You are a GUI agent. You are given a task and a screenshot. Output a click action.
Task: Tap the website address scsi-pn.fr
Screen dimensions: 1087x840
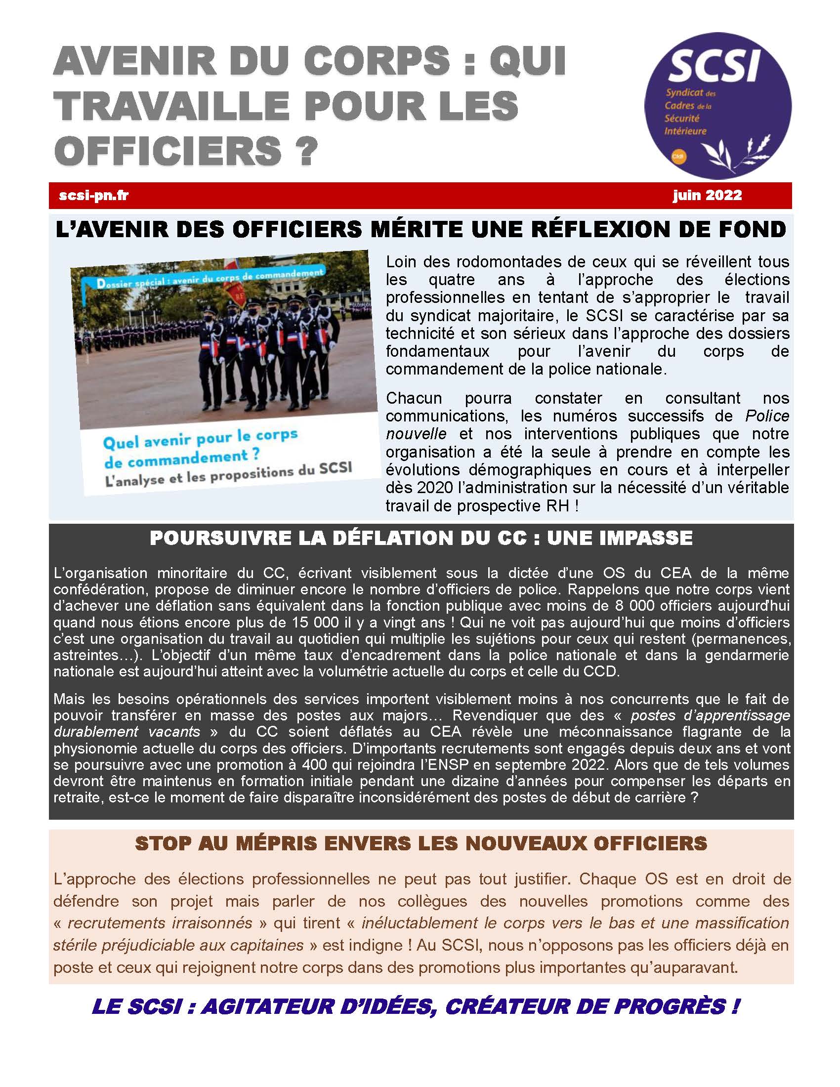point(93,196)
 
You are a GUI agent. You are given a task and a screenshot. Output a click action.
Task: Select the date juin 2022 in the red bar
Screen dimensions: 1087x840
point(707,195)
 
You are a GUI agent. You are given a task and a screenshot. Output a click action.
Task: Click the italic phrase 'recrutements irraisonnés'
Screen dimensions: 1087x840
point(160,923)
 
